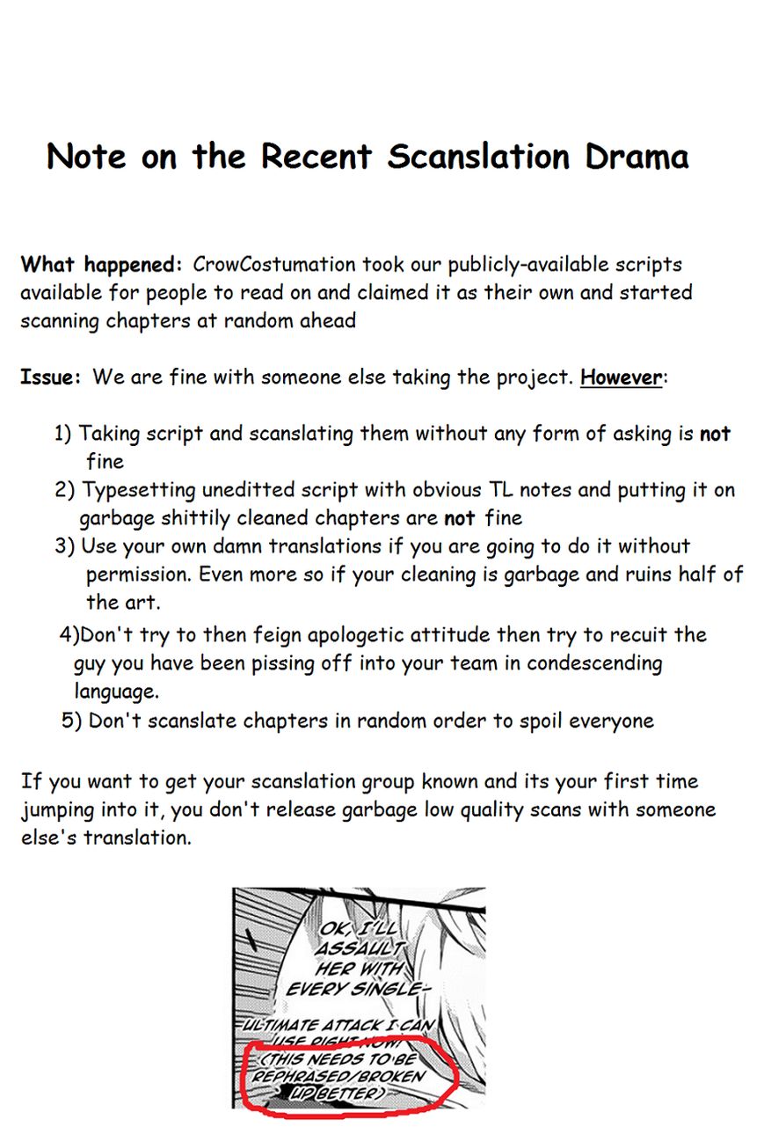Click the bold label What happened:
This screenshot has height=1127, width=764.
101,265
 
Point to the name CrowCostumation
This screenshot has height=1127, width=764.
273,265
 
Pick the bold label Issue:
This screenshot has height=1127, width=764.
51,377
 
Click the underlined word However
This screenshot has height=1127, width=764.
621,377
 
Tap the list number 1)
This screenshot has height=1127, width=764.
63,434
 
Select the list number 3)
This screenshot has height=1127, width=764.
65,546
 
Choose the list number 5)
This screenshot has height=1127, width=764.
72,721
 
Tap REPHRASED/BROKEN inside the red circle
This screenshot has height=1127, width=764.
338,1076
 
